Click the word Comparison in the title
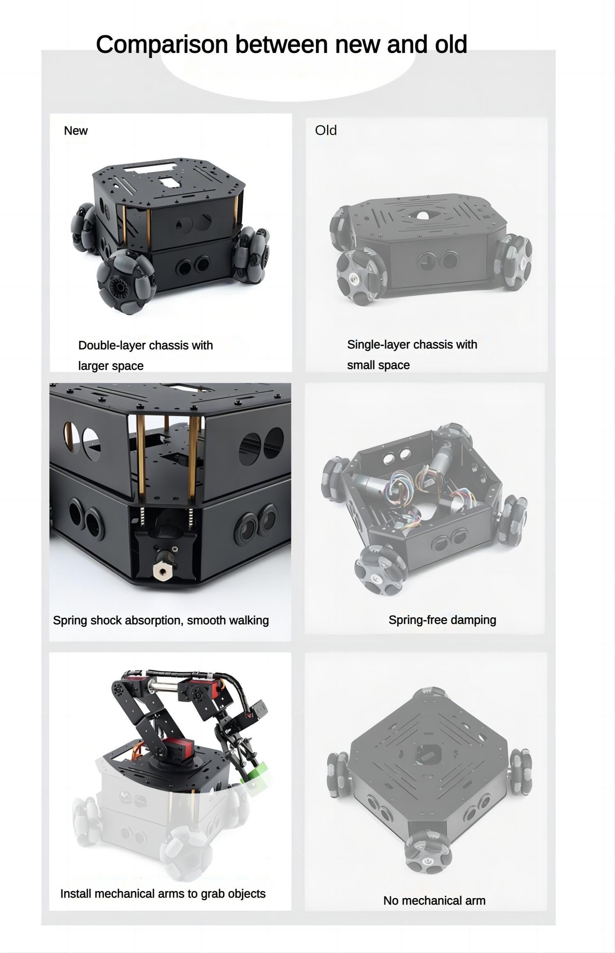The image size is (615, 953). coord(162,45)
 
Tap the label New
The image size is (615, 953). coord(76,131)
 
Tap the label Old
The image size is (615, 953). coord(326,131)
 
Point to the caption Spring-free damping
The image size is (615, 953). coord(442,620)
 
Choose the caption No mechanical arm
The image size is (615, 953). coord(434,900)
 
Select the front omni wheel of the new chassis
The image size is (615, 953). coord(125,282)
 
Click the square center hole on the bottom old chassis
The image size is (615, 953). coord(428,754)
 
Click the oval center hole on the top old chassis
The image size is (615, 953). coord(422,214)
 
